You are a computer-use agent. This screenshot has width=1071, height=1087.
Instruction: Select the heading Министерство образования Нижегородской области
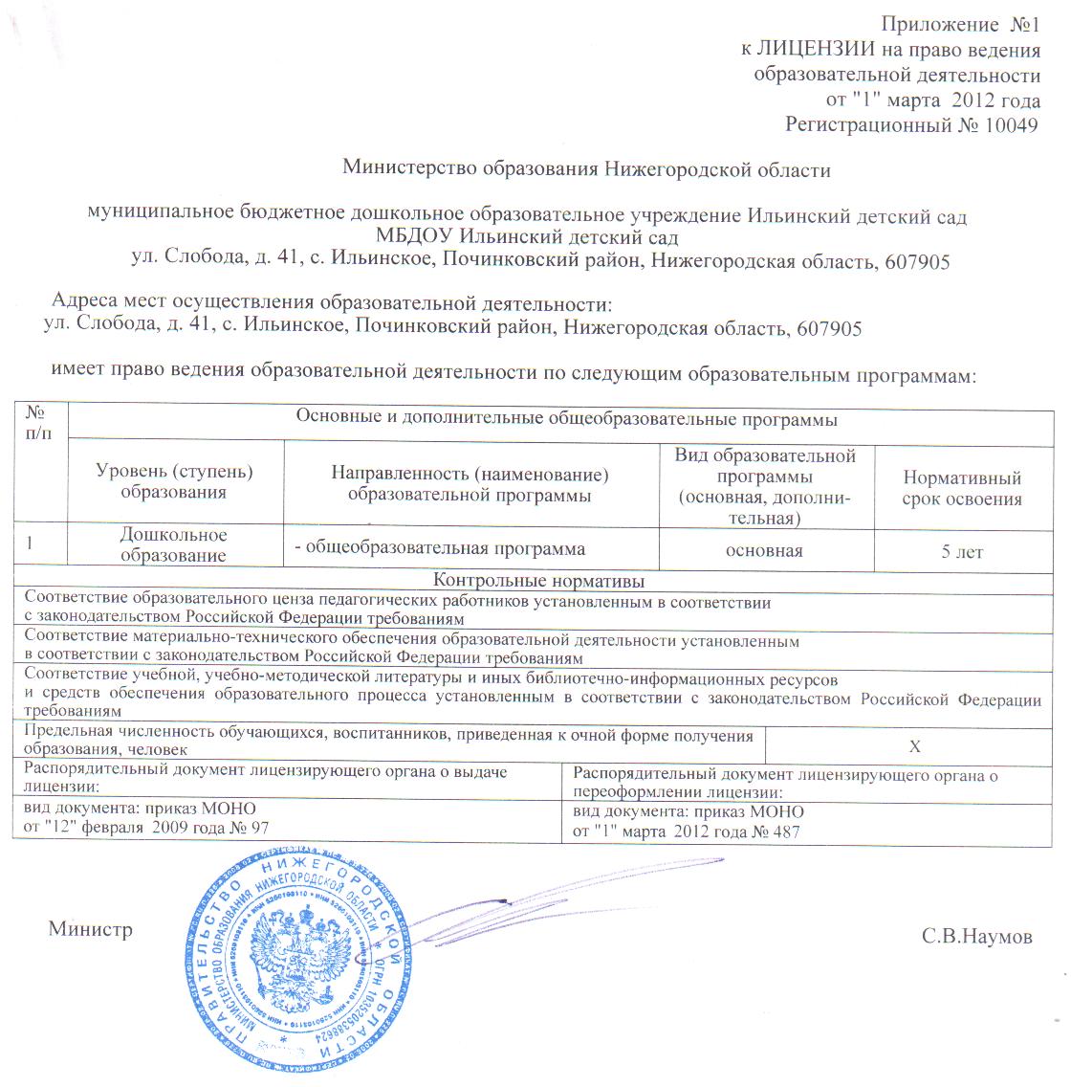click(586, 170)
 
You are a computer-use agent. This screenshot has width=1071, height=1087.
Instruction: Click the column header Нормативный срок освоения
click(962, 488)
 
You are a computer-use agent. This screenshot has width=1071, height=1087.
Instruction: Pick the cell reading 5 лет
click(962, 552)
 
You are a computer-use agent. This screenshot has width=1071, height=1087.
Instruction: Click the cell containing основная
click(764, 551)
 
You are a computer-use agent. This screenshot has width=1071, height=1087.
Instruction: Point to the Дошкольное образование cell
click(173, 545)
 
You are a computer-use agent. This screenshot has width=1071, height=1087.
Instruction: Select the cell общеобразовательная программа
click(439, 549)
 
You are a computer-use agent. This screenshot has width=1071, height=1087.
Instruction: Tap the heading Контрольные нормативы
click(538, 582)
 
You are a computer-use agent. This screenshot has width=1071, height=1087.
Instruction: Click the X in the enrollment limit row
click(914, 746)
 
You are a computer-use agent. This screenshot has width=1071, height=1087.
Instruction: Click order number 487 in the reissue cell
click(784, 832)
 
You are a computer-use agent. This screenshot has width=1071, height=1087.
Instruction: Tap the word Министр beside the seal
click(91, 928)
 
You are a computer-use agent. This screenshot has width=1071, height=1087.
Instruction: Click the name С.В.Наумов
click(977, 937)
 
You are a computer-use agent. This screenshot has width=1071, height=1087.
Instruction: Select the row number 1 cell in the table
click(32, 544)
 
